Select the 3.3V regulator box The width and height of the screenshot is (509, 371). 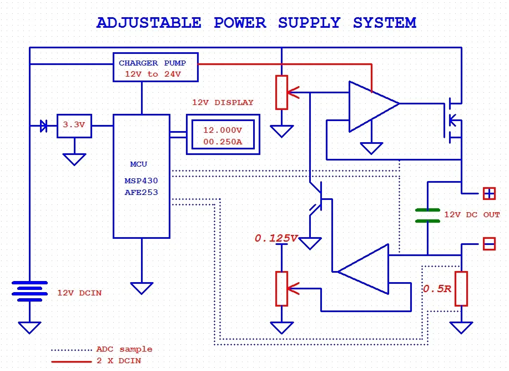74,126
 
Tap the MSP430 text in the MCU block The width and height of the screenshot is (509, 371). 141,182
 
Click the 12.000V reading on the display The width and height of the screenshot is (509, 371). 222,130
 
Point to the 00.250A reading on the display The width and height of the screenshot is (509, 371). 222,142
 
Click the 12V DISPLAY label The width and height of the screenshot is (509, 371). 223,103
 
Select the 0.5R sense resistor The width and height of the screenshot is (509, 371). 461,289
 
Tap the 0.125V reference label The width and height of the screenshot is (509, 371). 276,238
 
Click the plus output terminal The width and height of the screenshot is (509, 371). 488,194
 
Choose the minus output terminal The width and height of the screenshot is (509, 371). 488,244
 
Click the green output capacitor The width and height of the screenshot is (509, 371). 427,215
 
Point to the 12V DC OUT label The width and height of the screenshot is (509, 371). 472,215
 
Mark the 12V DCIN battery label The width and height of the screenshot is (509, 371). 79,293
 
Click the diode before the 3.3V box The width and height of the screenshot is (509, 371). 44,126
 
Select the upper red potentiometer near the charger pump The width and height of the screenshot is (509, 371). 282,92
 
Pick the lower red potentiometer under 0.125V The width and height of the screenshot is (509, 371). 282,289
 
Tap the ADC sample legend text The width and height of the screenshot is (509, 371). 124,349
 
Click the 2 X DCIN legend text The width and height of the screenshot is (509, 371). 118,361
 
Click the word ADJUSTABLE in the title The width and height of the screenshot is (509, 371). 149,23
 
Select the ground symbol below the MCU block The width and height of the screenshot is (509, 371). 142,288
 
